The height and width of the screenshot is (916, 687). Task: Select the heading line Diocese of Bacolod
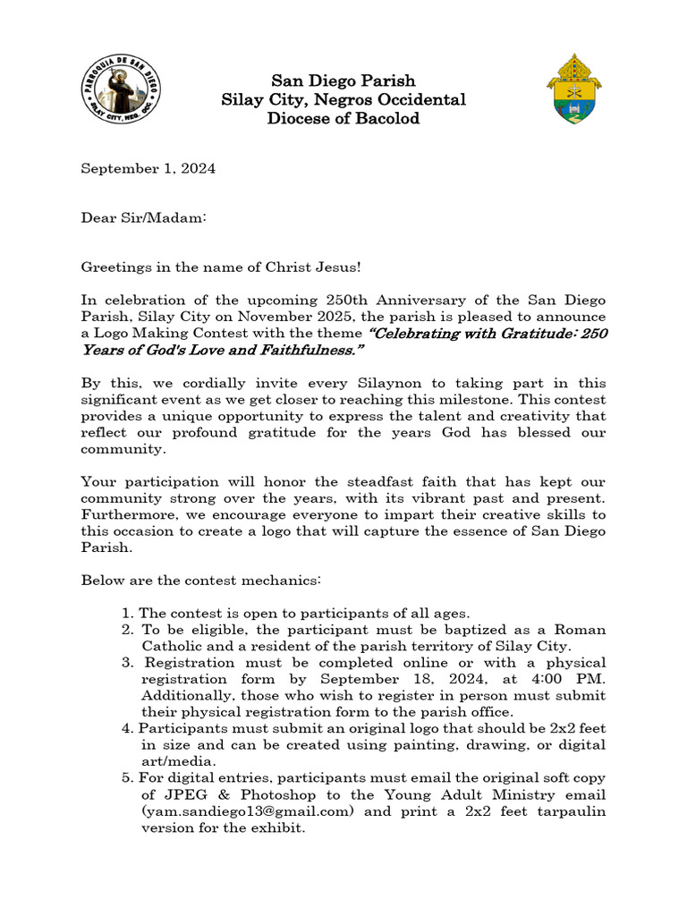[343, 118]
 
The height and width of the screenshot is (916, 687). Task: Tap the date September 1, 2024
[148, 168]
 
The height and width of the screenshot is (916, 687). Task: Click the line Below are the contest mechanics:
[200, 581]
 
